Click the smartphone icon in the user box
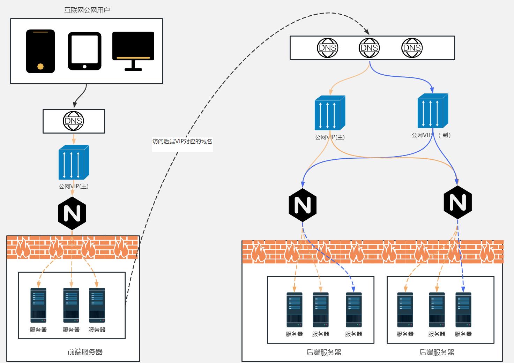click(x=40, y=51)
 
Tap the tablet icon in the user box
click(x=84, y=51)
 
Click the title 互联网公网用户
click(x=87, y=10)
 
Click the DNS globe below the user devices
click(x=74, y=121)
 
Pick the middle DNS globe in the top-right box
click(x=369, y=48)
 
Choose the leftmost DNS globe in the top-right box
click(x=327, y=48)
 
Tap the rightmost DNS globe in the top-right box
click(x=412, y=48)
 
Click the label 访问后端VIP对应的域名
click(x=182, y=142)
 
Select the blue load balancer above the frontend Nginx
click(x=74, y=162)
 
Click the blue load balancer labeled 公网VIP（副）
click(x=433, y=111)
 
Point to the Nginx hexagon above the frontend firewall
click(x=72, y=213)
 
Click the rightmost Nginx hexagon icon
click(x=457, y=202)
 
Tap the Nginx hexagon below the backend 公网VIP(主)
click(x=303, y=205)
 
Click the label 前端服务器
click(x=85, y=352)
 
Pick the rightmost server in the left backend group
click(x=353, y=310)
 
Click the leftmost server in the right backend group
click(x=405, y=310)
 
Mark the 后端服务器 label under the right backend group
click(x=437, y=352)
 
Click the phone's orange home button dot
click(x=40, y=66)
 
